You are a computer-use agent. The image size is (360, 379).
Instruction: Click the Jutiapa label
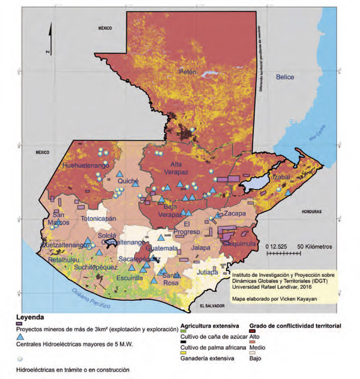[206, 271]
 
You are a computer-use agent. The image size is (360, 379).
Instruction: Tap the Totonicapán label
[105, 219]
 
